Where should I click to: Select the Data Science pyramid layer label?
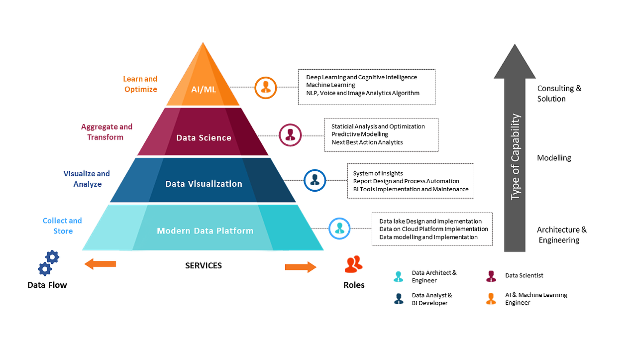[204, 137]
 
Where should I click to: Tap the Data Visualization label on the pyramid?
[204, 184]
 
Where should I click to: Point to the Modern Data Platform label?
[205, 231]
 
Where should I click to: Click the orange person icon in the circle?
[265, 88]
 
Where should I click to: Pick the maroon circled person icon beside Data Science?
[290, 135]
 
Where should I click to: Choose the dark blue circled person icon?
[314, 180]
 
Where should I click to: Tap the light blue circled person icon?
[339, 228]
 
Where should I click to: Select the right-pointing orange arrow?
[301, 267]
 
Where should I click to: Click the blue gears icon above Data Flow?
[48, 263]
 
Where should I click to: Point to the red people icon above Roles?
[354, 264]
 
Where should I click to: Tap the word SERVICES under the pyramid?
[204, 265]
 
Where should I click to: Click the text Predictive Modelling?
[360, 134]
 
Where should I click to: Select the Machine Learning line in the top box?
[330, 85]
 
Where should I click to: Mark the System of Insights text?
[378, 173]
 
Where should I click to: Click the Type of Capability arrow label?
[515, 157]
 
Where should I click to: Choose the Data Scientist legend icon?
[491, 276]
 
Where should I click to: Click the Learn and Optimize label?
[140, 84]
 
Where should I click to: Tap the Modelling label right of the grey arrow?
[554, 158]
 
